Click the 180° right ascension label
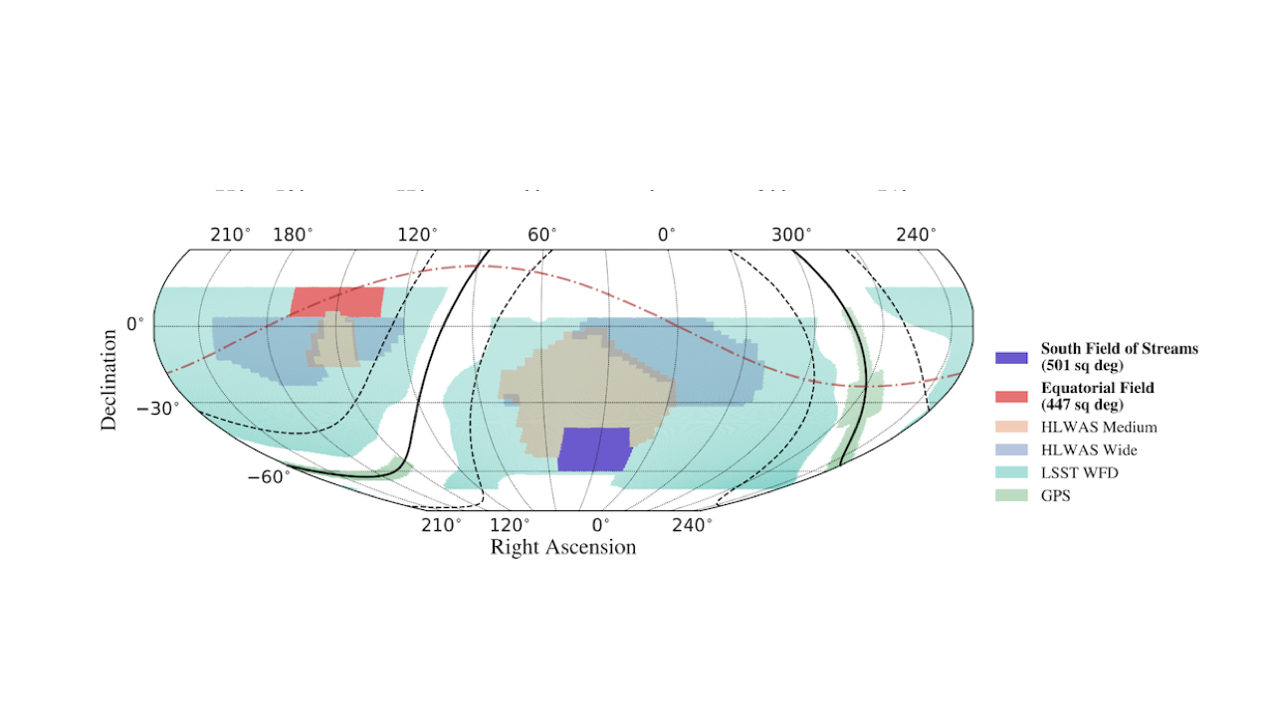pos(293,235)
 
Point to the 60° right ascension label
pos(541,235)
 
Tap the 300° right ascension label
pos(790,235)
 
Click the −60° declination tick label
pos(269,477)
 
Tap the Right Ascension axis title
pos(562,548)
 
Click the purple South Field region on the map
pos(594,448)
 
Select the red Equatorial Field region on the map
pos(336,300)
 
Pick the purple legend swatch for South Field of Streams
pos(1011,357)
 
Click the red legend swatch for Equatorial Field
pos(1011,396)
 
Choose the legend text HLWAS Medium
pos(1099,428)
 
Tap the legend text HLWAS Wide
pos(1089,450)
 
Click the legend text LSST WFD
pos(1080,472)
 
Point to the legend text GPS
pos(1056,495)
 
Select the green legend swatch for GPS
pos(1011,495)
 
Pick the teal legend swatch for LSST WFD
pos(1011,472)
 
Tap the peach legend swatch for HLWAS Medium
pos(1011,428)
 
